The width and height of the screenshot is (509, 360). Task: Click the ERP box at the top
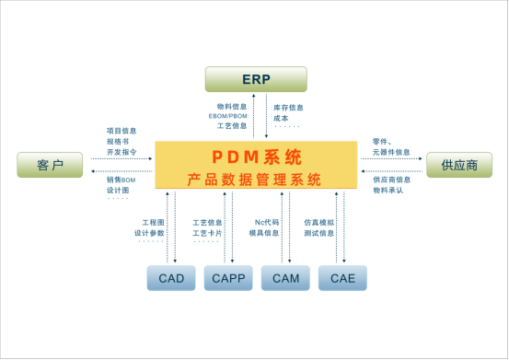pyautogui.click(x=255, y=79)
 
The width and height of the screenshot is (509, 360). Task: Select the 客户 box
pyautogui.click(x=50, y=165)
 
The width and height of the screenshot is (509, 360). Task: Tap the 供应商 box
pyautogui.click(x=457, y=165)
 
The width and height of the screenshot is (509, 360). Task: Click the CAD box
pyautogui.click(x=170, y=278)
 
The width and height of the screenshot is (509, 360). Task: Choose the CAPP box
pyautogui.click(x=228, y=278)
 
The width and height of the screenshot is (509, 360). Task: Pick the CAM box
pyautogui.click(x=284, y=278)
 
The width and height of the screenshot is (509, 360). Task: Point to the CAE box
pyautogui.click(x=342, y=278)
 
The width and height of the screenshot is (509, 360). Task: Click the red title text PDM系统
pyautogui.click(x=255, y=157)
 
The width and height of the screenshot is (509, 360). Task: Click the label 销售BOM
pyautogui.click(x=122, y=180)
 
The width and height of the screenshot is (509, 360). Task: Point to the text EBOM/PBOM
pyautogui.click(x=225, y=117)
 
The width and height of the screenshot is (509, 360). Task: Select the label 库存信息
pyautogui.click(x=288, y=107)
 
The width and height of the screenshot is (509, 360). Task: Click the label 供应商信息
pyautogui.click(x=391, y=180)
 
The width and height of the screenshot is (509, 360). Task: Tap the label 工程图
pyautogui.click(x=153, y=223)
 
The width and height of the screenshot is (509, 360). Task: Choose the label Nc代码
pyautogui.click(x=266, y=222)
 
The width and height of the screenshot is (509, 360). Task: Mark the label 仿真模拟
pyautogui.click(x=319, y=222)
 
